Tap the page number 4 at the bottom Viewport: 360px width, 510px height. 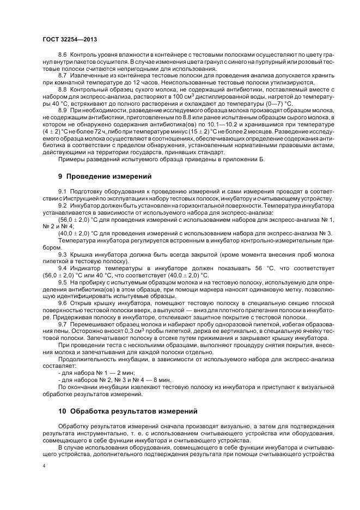coord(44,466)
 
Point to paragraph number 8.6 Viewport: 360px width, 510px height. coord(62,56)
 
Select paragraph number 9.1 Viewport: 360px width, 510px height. coord(62,192)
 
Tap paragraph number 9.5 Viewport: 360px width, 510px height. coord(62,282)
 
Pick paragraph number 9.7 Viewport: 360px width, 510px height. coord(62,325)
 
